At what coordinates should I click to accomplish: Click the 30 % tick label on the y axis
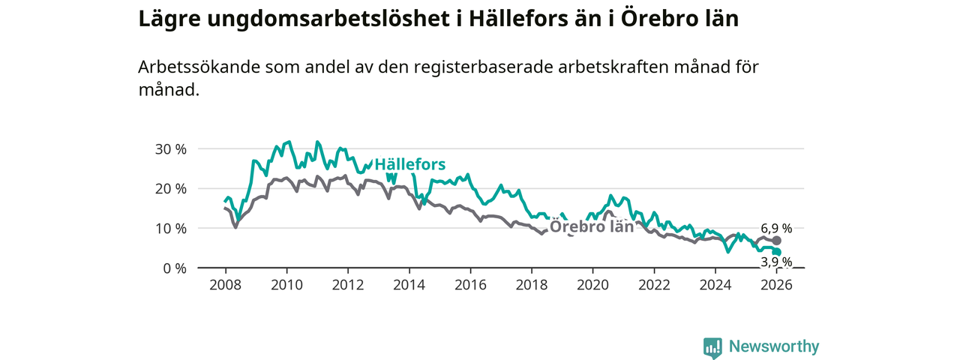pyautogui.click(x=170, y=148)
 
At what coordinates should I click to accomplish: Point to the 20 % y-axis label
pyautogui.click(x=170, y=188)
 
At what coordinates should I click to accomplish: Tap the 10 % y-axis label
pyautogui.click(x=170, y=228)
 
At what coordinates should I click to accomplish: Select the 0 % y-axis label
pyautogui.click(x=174, y=268)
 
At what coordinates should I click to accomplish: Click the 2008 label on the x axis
pyautogui.click(x=225, y=285)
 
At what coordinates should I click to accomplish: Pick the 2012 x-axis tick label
pyautogui.click(x=347, y=285)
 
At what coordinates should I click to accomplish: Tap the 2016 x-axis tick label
pyautogui.click(x=470, y=285)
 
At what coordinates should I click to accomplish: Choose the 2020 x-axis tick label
pyautogui.click(x=592, y=285)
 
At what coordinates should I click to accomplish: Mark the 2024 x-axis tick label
pyautogui.click(x=715, y=285)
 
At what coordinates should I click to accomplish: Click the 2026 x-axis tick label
pyautogui.click(x=776, y=285)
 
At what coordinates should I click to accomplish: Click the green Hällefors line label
pyautogui.click(x=409, y=164)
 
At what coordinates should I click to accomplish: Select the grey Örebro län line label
pyautogui.click(x=592, y=227)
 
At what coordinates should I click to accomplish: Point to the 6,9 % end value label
pyautogui.click(x=776, y=228)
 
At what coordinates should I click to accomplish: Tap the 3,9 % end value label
pyautogui.click(x=776, y=262)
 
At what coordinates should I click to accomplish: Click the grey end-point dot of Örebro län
pyautogui.click(x=776, y=241)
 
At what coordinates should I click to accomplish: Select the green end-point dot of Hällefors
pyautogui.click(x=777, y=252)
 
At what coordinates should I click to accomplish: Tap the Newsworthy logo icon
pyautogui.click(x=712, y=347)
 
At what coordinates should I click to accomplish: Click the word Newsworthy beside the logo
pyautogui.click(x=773, y=346)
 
